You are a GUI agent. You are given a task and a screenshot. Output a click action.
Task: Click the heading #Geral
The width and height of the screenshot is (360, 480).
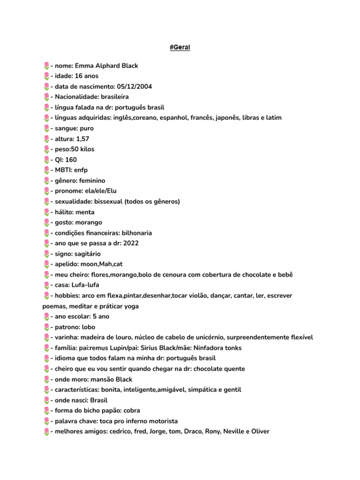[180, 47]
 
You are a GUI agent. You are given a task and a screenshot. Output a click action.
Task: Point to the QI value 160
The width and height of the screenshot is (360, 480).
[71, 160]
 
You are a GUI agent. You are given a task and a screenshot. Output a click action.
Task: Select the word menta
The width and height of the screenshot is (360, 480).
[85, 212]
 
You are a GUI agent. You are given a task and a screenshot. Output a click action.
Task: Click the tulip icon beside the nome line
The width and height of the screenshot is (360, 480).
[46, 66]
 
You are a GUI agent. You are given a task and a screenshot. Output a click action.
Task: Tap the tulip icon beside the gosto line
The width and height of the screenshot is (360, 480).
[46, 223]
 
